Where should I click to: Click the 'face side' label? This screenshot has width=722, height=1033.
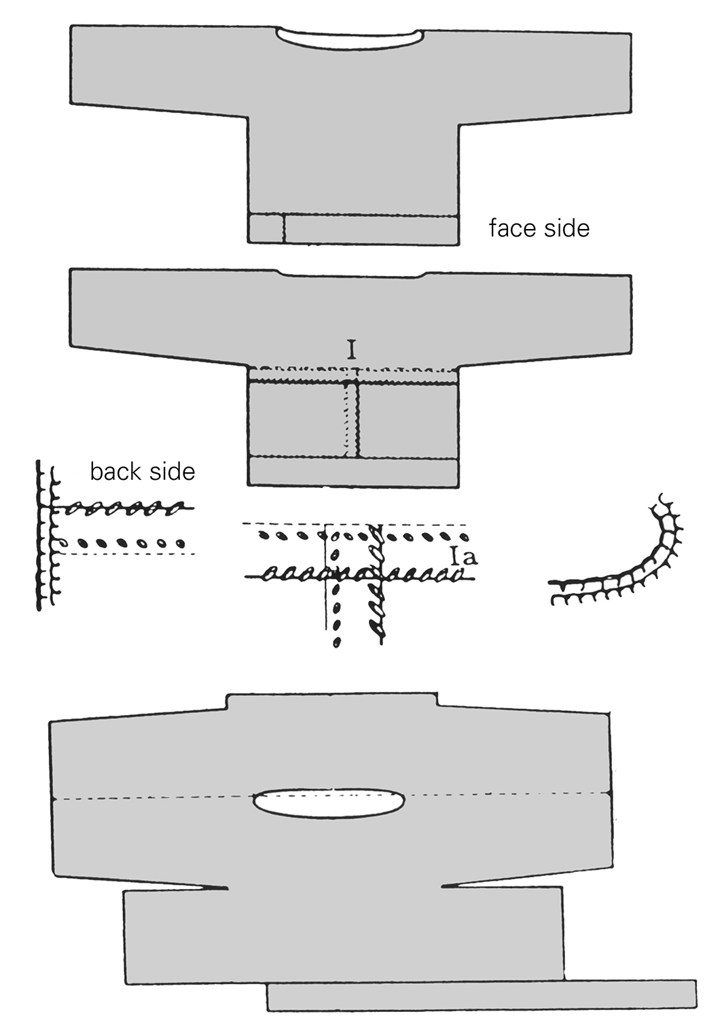coord(539,228)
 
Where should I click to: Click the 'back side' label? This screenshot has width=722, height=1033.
coord(142,471)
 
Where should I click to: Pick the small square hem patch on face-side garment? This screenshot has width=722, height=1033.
coord(266,229)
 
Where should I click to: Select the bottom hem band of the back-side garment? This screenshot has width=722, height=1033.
coord(352,471)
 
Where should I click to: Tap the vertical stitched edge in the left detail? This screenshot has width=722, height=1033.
coord(42,537)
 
